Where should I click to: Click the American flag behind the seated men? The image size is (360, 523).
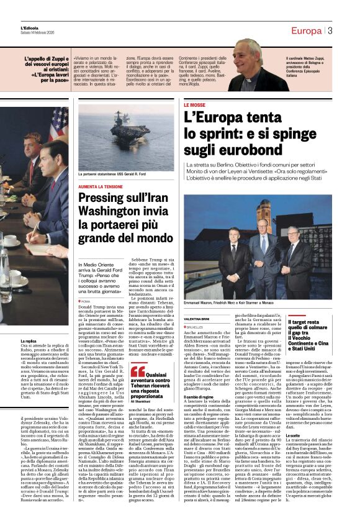point(59,125)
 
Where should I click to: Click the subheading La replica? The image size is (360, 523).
point(30,341)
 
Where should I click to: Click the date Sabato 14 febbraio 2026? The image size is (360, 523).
point(36,33)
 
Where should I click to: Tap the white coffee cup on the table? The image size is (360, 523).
point(11,240)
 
